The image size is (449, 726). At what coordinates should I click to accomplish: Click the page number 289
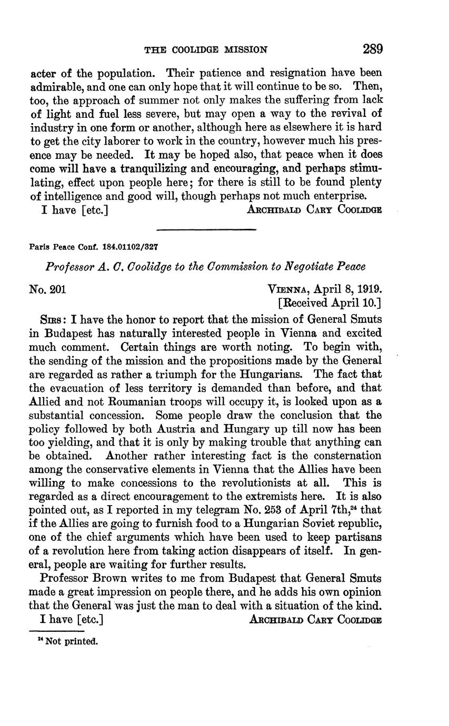click(x=372, y=49)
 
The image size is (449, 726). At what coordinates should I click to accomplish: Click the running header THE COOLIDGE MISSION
click(x=206, y=50)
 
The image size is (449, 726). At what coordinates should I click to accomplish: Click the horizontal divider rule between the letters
click(x=206, y=229)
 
